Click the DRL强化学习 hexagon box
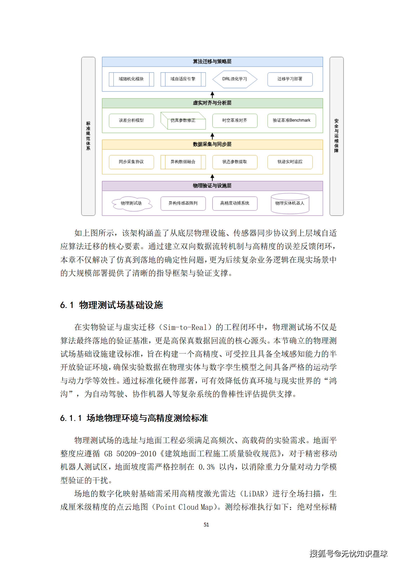[x=235, y=79]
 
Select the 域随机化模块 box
[x=131, y=79]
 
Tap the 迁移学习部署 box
[x=290, y=79]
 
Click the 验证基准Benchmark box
[x=291, y=120]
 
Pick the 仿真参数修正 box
[x=183, y=121]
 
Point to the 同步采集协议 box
[x=131, y=162]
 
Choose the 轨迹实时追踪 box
[x=290, y=162]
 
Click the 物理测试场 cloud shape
[x=131, y=203]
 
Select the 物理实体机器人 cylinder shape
[x=290, y=203]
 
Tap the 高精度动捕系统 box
[x=235, y=203]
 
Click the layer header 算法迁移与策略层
[x=212, y=62]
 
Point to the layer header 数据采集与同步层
[x=212, y=144]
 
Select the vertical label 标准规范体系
[x=88, y=136]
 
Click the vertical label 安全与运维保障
[x=336, y=136]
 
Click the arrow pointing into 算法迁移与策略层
[x=212, y=95]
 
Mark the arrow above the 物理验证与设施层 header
[x=212, y=177]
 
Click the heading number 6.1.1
[x=71, y=418]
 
